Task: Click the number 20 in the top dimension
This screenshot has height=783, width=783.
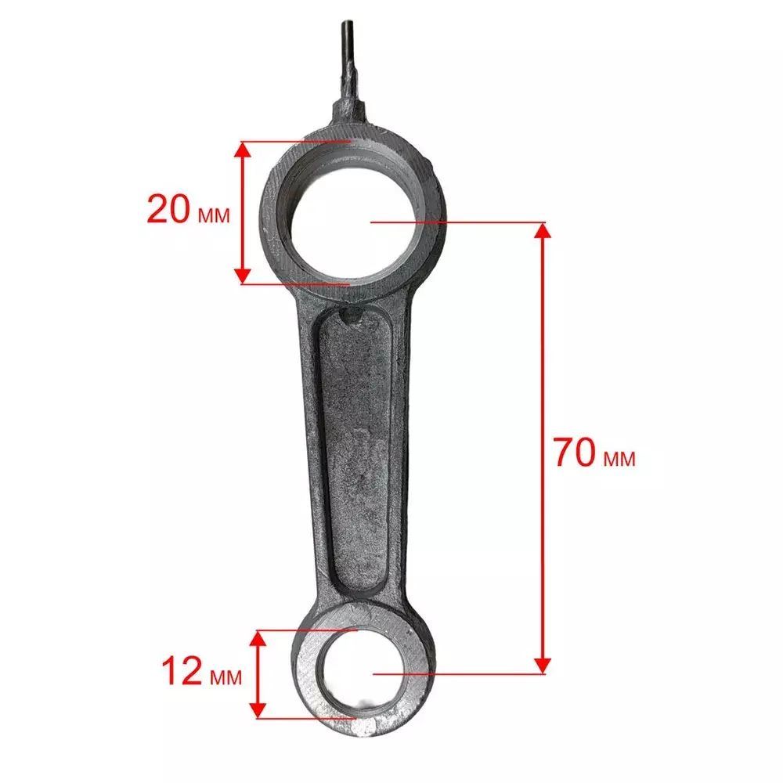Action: tap(168, 209)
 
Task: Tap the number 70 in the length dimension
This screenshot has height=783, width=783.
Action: tap(574, 452)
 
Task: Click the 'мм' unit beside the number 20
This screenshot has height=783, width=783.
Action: tap(214, 215)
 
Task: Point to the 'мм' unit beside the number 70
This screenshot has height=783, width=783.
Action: tap(619, 458)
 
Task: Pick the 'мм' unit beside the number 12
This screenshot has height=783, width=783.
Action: tap(226, 677)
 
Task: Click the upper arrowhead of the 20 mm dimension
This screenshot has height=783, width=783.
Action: tap(243, 150)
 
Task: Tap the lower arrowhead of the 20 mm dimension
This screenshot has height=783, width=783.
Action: tap(243, 276)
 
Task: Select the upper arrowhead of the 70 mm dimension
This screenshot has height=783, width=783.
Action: tap(543, 231)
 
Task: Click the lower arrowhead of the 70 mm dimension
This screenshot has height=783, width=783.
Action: tap(543, 665)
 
